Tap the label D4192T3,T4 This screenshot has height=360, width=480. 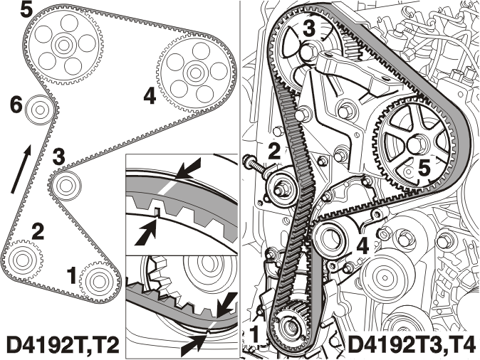[x=412, y=344]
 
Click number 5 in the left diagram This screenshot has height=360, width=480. [x=26, y=11]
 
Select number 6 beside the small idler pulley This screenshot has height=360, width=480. [x=16, y=106]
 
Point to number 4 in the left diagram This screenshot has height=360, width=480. [x=150, y=97]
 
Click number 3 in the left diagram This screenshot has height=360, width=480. [x=59, y=156]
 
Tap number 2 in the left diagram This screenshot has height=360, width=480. [x=38, y=232]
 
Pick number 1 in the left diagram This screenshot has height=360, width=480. [x=72, y=275]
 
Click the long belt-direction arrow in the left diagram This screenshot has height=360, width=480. [x=21, y=169]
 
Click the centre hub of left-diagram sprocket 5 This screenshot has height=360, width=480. [x=63, y=46]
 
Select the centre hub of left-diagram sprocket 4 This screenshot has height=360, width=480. [x=194, y=73]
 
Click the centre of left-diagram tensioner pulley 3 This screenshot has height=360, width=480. [x=66, y=184]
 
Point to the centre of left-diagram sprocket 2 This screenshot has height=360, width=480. [x=21, y=260]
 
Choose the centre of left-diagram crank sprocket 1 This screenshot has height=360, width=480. [x=98, y=280]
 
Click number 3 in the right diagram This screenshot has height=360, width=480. [x=309, y=29]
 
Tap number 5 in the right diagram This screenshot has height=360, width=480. [x=424, y=168]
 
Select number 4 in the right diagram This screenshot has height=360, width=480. [x=362, y=246]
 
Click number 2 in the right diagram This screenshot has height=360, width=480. [x=274, y=151]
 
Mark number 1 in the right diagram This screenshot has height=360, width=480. [x=255, y=334]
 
